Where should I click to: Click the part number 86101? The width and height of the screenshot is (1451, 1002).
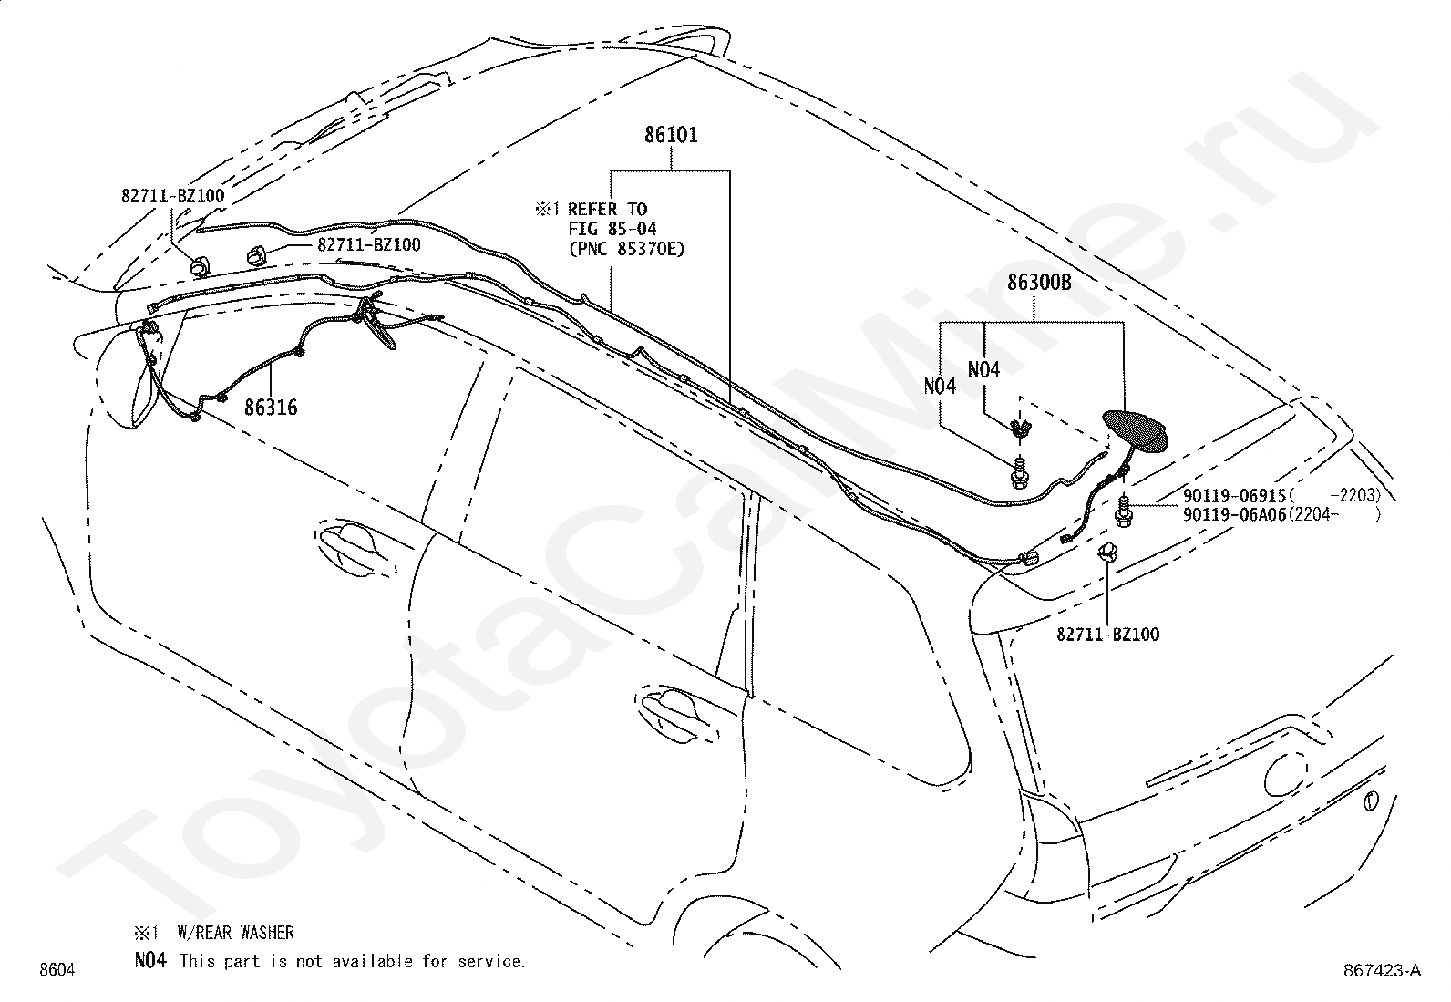671,135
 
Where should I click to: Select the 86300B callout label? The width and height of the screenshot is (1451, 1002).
1039,283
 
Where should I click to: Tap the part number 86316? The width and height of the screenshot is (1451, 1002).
271,407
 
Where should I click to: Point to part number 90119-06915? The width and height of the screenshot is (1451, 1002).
1234,496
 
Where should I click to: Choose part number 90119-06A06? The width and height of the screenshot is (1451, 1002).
1234,514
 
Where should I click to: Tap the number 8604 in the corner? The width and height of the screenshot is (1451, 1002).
57,970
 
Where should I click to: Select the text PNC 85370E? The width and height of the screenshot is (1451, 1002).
626,249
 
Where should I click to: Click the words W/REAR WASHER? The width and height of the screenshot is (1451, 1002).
236,933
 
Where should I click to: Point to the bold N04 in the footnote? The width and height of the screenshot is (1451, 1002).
150,960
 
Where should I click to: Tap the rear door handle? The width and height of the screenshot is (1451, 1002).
679,717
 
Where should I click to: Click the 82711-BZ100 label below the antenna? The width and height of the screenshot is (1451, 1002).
1107,635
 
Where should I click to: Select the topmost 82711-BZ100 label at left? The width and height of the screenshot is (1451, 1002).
173,196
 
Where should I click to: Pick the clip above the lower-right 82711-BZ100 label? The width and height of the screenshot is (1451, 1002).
1107,553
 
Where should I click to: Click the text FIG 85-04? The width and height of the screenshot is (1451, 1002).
612,229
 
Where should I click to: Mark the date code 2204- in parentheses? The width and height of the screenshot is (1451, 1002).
1316,514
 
